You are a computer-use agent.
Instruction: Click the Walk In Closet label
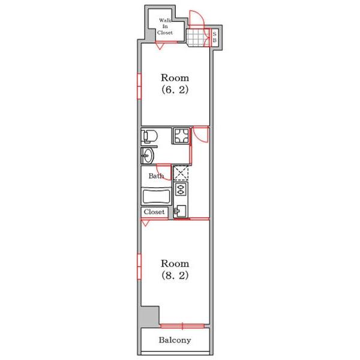point(165,26)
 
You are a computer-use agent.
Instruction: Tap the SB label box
point(214,37)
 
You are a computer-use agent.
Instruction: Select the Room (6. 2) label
point(175,83)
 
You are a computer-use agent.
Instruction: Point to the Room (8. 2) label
point(175,269)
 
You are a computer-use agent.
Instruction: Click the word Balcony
point(175,340)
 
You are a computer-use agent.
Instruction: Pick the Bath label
point(156,176)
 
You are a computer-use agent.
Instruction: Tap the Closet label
point(154,212)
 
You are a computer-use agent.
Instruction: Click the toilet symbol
point(149,136)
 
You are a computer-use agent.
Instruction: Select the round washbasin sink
point(148,155)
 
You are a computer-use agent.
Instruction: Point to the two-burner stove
point(181,189)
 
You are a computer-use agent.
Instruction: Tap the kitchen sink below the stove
point(181,211)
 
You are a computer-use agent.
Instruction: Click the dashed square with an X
point(181,173)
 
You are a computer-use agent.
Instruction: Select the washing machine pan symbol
point(181,136)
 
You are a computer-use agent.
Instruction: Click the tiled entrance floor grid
point(198,38)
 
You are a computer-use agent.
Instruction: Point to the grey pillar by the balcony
point(149,316)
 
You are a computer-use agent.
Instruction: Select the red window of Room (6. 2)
point(139,86)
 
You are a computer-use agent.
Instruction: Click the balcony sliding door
point(182,326)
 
